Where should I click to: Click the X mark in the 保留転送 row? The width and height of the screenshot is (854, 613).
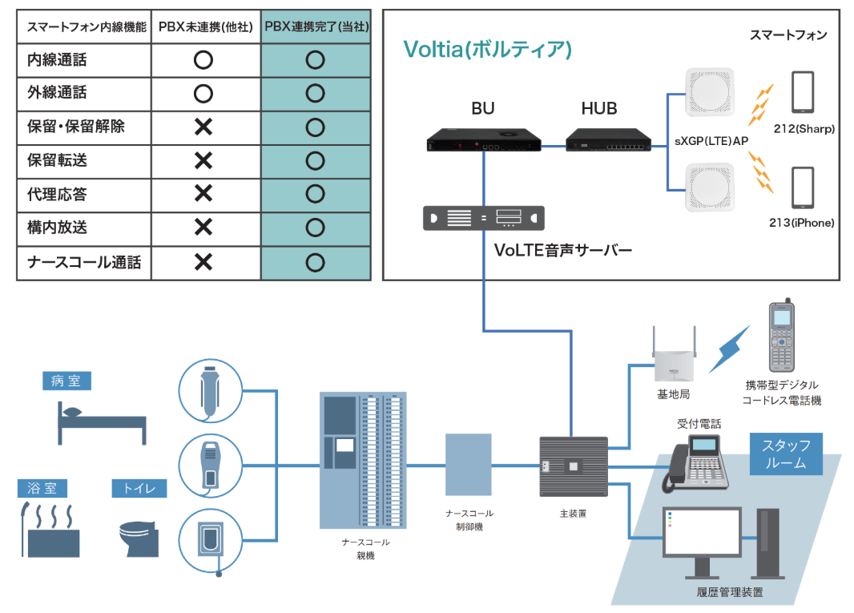coord(203,161)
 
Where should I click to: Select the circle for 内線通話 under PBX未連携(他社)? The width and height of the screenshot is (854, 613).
coord(203,59)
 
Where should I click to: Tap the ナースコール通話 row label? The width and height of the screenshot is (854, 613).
coord(84,262)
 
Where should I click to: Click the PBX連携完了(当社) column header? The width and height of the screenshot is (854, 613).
coord(316,26)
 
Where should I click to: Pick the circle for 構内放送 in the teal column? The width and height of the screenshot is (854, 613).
coord(316,228)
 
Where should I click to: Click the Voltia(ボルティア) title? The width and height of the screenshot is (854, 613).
coord(487,50)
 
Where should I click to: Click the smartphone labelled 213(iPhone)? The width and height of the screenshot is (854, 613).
coord(802,189)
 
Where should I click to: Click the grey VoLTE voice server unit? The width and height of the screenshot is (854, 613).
coord(483,218)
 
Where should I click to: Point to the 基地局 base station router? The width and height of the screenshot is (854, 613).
coord(673,357)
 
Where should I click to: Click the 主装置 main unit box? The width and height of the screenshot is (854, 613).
coord(574,466)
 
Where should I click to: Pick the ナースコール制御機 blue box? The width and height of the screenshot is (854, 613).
coord(469,465)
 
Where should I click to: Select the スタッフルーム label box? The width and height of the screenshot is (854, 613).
coord(785,454)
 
